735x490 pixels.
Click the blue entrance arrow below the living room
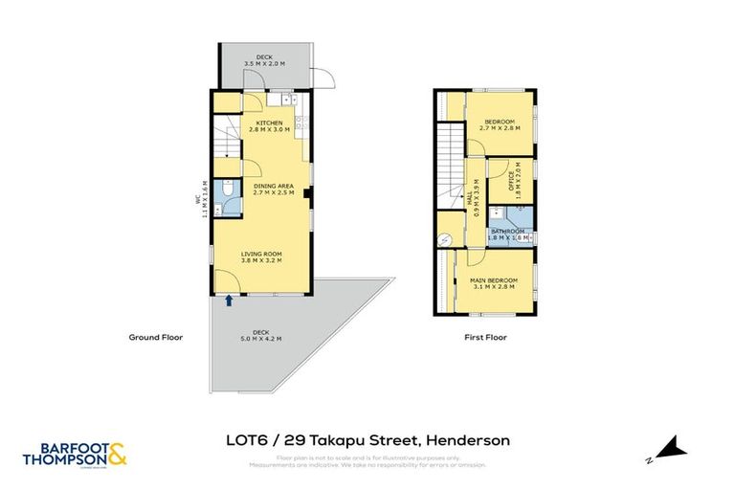click(x=229, y=301)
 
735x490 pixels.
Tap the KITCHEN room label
click(x=268, y=123)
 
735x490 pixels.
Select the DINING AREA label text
click(x=273, y=186)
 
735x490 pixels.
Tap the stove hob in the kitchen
click(x=300, y=122)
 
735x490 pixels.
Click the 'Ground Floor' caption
click(x=156, y=337)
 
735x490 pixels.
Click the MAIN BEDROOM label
click(x=492, y=279)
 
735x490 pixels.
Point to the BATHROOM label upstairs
click(x=508, y=231)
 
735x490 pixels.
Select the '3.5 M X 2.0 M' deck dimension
click(x=265, y=64)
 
